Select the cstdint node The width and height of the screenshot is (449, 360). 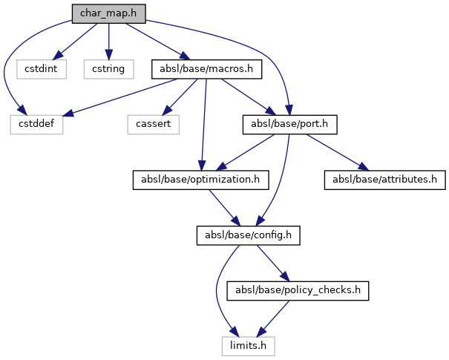42,69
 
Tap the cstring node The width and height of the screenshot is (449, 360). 108,69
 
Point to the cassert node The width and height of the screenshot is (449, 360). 154,124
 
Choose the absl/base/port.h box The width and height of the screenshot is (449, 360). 290,124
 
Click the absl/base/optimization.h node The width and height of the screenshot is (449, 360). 200,180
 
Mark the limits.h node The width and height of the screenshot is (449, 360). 247,345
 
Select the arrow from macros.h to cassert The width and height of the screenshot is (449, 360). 182,96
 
